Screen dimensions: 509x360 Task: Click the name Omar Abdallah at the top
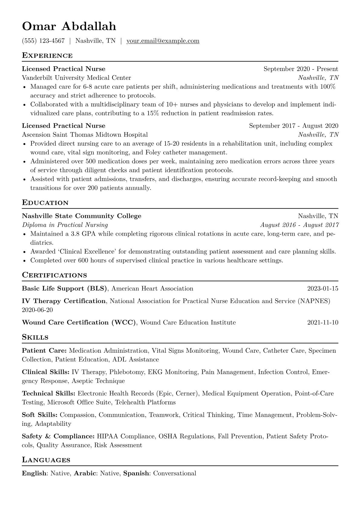pos(69,26)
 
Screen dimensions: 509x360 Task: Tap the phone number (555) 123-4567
pos(43,41)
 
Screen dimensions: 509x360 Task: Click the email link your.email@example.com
pos(163,41)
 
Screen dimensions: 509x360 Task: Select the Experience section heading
pos(47,56)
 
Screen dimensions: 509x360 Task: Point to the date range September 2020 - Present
pos(301,69)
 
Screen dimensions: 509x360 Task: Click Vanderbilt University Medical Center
pos(77,78)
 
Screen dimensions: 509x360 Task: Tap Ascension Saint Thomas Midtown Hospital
pos(85,135)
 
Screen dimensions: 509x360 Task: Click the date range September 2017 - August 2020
pos(293,126)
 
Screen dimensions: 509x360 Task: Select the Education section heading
pos(45,203)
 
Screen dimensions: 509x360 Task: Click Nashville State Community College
pos(82,216)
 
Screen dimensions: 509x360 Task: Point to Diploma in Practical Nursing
pos(65,225)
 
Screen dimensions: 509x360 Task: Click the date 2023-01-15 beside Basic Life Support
pos(322,289)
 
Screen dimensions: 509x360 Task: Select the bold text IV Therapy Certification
pos(64,301)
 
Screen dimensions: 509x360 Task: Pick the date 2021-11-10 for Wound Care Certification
pos(322,323)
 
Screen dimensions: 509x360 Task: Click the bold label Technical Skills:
pos(48,393)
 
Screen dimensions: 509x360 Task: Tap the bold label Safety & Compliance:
pos(58,436)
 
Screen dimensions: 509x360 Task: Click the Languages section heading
pos(46,460)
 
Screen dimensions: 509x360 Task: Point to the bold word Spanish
pos(136,473)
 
